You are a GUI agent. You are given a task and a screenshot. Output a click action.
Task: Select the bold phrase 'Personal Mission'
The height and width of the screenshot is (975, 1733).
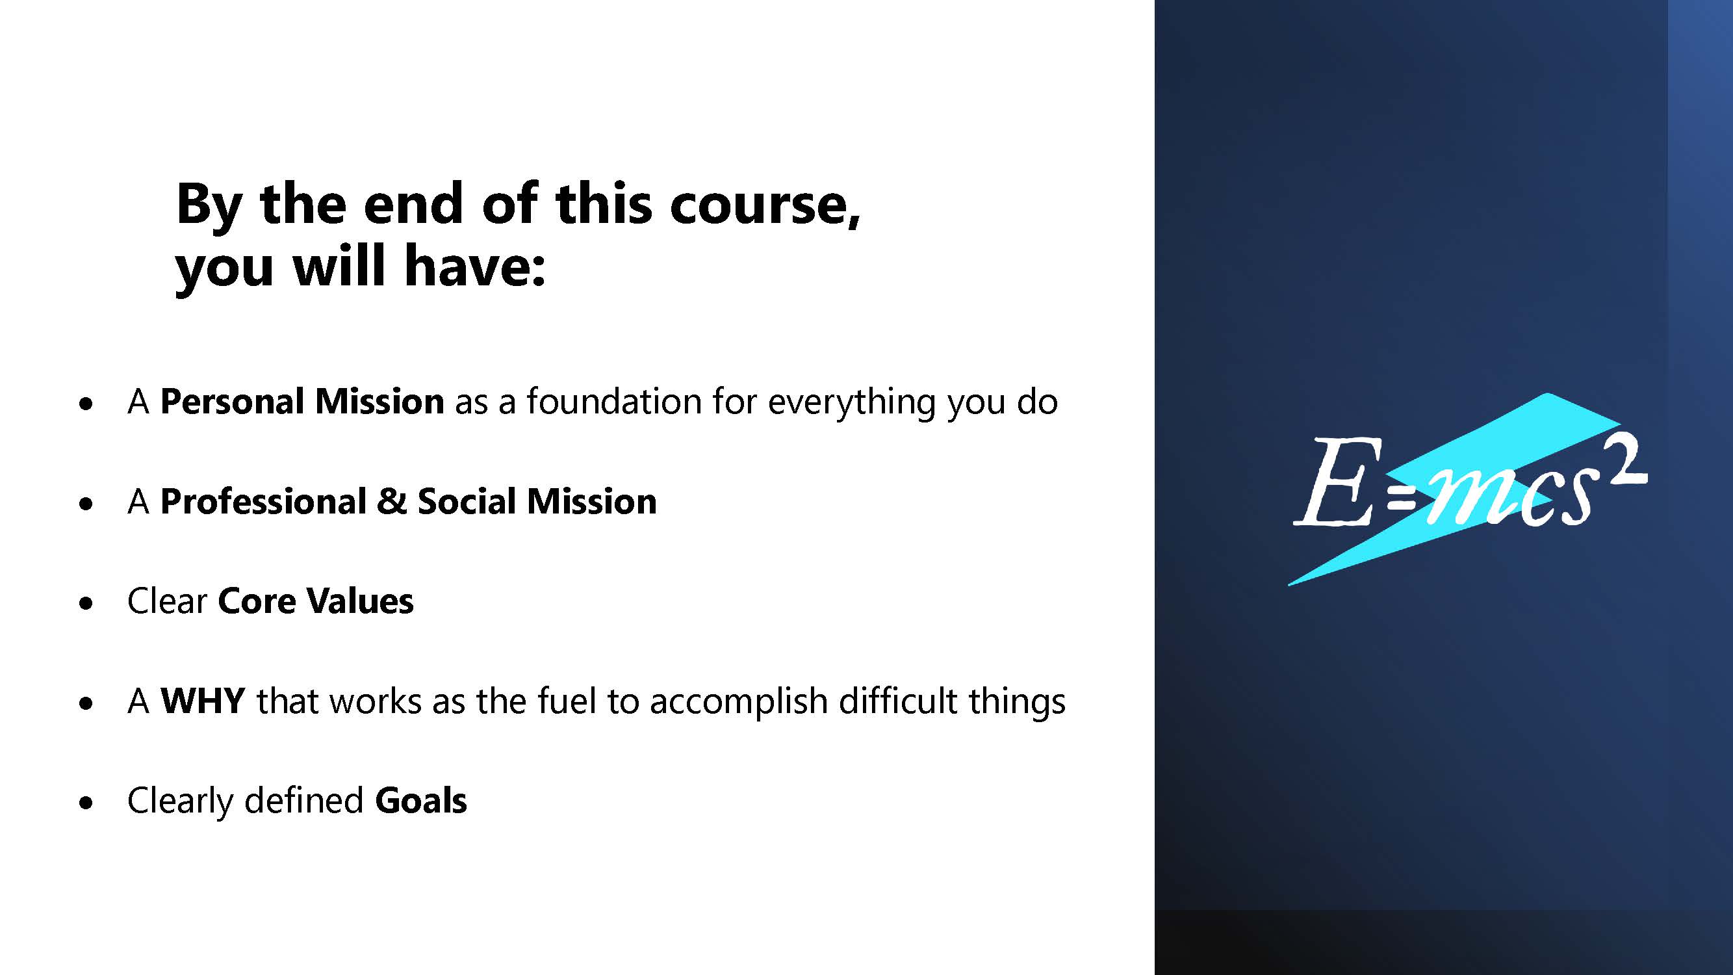point(302,402)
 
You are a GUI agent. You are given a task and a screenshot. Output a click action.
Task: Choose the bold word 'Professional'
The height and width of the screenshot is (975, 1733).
point(263,501)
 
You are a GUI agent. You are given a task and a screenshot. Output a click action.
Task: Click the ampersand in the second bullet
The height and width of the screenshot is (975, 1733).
point(392,501)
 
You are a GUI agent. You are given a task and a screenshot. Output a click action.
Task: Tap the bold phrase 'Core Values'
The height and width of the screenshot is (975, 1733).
point(316,601)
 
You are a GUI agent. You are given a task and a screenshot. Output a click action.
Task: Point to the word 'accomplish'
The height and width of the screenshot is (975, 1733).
point(738,703)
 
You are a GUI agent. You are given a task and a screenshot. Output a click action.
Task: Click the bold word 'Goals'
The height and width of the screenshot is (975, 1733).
point(420,800)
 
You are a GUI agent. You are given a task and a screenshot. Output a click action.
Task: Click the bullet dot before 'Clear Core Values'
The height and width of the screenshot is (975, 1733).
point(85,604)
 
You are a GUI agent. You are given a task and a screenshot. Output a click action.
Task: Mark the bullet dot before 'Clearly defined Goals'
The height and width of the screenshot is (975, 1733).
point(85,803)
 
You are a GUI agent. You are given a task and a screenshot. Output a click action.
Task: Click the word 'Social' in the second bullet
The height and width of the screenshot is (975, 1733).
point(466,501)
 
